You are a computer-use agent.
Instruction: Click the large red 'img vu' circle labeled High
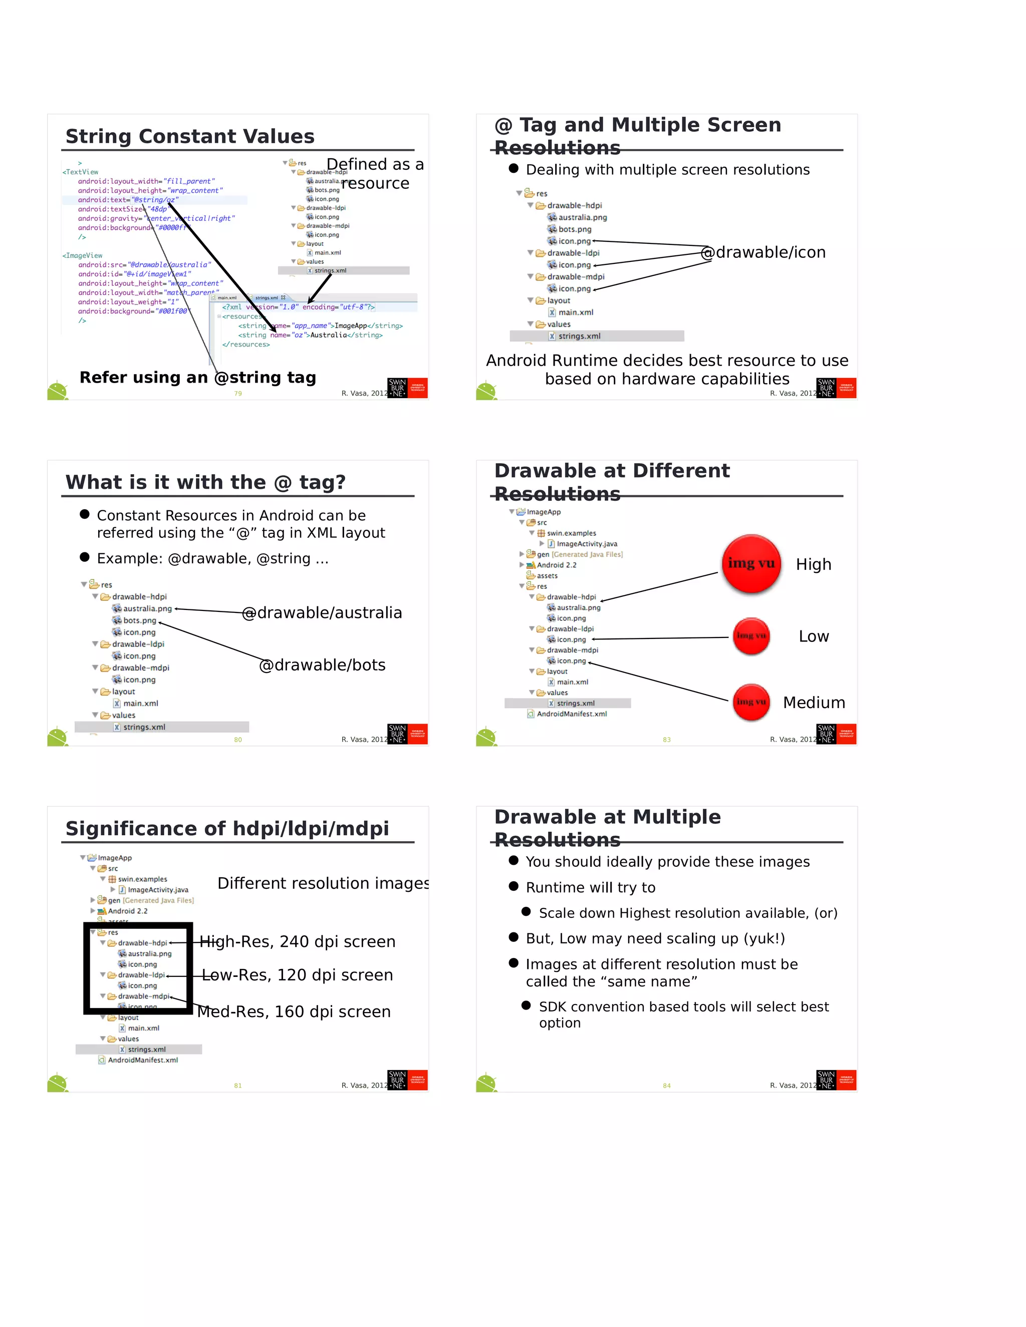point(751,563)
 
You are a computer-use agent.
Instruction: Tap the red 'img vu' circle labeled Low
point(751,635)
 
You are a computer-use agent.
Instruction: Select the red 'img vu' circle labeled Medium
point(751,702)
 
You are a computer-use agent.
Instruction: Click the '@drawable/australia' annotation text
point(322,612)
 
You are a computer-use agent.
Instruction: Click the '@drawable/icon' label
point(763,252)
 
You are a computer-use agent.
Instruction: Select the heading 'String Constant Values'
point(190,136)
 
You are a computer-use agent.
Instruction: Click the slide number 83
point(667,740)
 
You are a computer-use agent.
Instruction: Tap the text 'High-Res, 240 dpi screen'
point(298,941)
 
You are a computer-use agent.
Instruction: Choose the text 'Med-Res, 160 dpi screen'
point(294,1012)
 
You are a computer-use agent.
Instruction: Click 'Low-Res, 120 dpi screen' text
point(298,974)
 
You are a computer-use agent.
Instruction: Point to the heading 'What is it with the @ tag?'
point(205,482)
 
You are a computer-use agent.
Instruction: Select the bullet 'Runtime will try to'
point(590,888)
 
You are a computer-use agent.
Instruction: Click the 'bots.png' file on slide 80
point(139,620)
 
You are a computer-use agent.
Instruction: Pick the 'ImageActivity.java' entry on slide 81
point(157,889)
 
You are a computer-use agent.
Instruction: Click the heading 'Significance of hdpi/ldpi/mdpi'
point(227,829)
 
